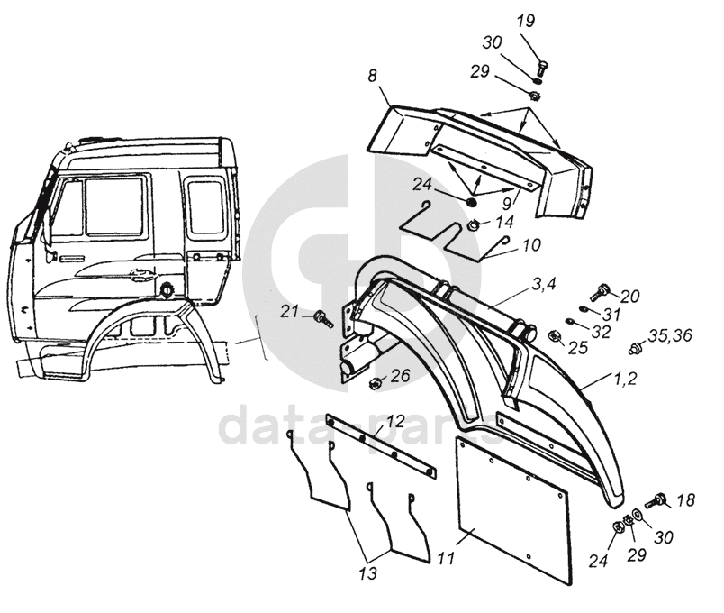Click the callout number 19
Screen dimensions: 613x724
pos(525,23)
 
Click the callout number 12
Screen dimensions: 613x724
pos(394,421)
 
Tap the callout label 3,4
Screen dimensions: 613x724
pos(544,285)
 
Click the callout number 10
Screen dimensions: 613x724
pos(530,243)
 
